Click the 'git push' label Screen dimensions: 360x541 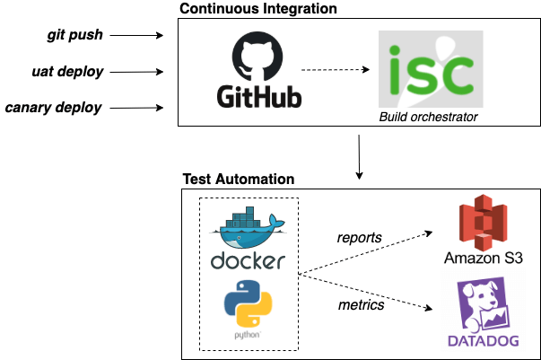coord(75,36)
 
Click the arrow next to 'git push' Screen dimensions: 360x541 coord(137,36)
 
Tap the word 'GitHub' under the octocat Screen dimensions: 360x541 coord(258,96)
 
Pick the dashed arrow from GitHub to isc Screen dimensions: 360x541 coord(336,70)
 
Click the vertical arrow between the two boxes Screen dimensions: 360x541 coord(359,155)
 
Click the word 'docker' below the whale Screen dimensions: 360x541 coord(248,261)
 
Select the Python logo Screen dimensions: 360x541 coord(248,307)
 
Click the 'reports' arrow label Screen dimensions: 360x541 coord(359,238)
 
